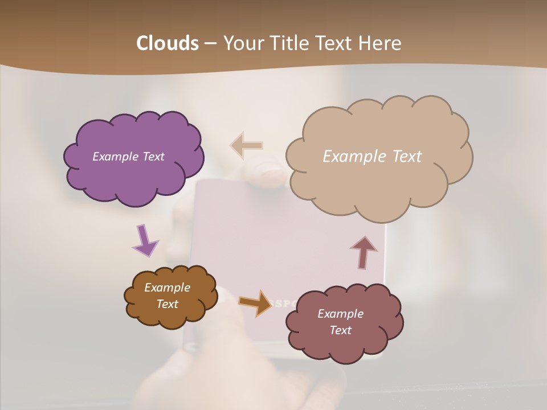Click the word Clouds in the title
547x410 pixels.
coord(167,43)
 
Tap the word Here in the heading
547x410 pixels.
coord(381,43)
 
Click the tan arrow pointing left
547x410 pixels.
coord(247,146)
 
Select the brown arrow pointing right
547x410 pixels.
coord(256,302)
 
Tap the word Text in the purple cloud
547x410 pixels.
coord(153,157)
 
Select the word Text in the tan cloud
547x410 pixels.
coord(407,157)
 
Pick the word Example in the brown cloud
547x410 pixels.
coord(167,288)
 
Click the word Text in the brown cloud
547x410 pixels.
coord(167,304)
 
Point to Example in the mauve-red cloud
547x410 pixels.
coord(340,314)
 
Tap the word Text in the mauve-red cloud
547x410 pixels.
coord(340,330)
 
